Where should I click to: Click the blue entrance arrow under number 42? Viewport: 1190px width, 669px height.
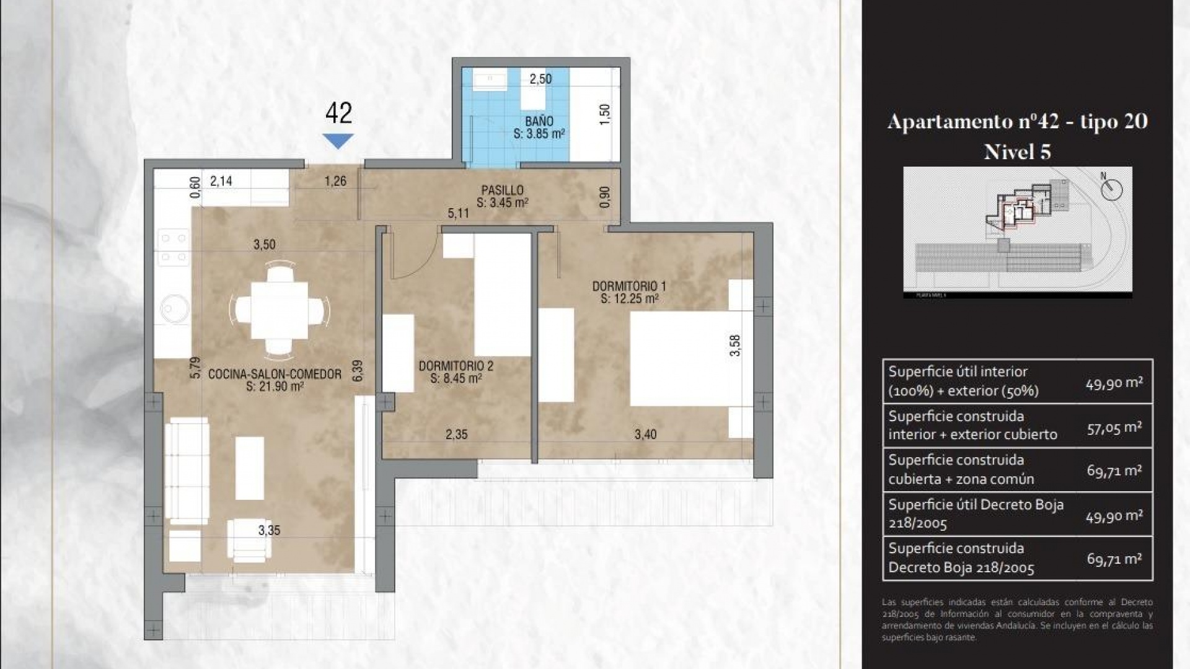tap(338, 141)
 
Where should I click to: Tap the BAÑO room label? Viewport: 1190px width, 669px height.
tap(539, 121)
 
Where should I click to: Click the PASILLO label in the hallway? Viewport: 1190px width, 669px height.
tap(502, 190)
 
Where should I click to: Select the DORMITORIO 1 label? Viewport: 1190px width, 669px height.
tap(628, 286)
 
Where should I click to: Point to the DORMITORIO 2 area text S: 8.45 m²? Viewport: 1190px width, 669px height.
tap(456, 378)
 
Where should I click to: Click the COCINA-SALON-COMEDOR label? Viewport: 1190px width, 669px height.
tap(275, 374)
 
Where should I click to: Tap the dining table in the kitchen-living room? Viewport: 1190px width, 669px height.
tap(280, 310)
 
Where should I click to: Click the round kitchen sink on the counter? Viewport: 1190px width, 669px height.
tap(174, 308)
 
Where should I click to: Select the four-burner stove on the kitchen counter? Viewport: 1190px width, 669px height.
tap(174, 247)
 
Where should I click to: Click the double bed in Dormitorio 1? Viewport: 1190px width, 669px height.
tap(679, 358)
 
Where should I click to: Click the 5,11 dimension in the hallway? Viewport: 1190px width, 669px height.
tap(459, 213)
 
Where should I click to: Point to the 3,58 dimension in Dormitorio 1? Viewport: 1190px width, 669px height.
tap(735, 345)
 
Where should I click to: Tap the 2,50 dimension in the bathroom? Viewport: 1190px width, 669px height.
tap(540, 79)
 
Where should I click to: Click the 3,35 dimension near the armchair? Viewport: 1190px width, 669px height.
tap(269, 530)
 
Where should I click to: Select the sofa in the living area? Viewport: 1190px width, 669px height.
tap(187, 471)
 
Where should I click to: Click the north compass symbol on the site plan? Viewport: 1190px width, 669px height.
tap(1111, 188)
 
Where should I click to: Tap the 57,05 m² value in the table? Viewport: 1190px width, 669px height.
tap(1114, 427)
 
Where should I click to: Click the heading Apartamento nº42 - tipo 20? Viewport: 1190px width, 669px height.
tap(1017, 121)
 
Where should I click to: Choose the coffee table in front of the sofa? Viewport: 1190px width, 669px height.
tap(249, 468)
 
